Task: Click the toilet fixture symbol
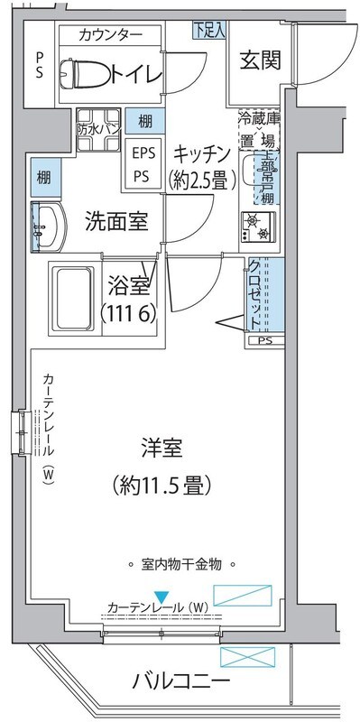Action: tap(85, 74)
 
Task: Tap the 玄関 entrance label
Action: tap(260, 60)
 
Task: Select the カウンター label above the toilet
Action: tap(110, 35)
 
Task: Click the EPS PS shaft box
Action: tap(143, 162)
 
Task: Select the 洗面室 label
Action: tap(116, 220)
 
